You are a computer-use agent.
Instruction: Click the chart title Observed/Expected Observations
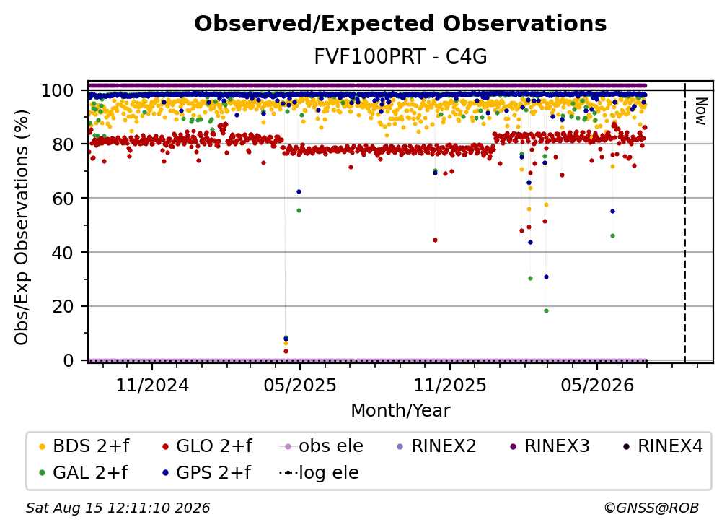(x=400, y=24)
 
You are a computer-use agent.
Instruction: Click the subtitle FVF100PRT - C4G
(x=400, y=56)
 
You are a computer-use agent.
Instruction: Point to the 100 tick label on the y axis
(x=57, y=90)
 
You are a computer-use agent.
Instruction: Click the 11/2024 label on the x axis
(x=152, y=385)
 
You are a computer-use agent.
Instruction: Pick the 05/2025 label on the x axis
(x=300, y=385)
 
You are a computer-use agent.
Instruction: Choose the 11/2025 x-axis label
(x=450, y=385)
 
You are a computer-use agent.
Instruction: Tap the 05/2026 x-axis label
(x=597, y=385)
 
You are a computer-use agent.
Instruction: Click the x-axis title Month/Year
(x=400, y=411)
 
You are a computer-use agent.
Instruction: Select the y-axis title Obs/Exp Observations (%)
(x=22, y=227)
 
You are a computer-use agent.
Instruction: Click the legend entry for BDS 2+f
(x=84, y=446)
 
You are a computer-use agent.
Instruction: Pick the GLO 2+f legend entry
(x=207, y=446)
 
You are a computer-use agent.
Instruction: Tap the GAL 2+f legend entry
(x=83, y=472)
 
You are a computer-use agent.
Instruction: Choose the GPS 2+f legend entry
(x=206, y=472)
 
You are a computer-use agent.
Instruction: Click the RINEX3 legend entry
(x=550, y=446)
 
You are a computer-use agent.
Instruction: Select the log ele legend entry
(x=319, y=472)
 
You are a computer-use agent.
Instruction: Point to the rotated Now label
(x=700, y=111)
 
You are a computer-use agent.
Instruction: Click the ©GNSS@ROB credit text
(x=651, y=508)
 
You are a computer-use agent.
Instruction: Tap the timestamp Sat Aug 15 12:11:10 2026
(x=118, y=508)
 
